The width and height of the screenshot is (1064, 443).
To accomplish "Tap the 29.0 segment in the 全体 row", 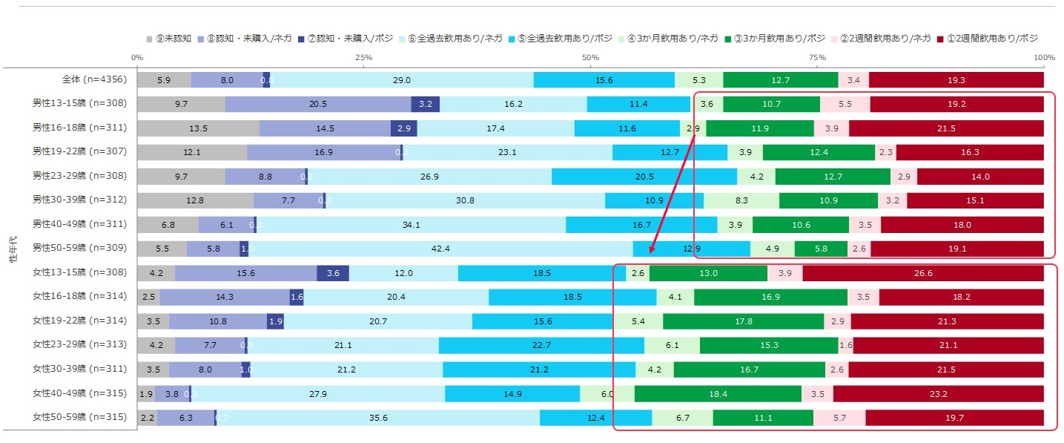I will [402, 80].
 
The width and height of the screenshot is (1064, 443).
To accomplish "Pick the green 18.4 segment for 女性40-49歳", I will [718, 393].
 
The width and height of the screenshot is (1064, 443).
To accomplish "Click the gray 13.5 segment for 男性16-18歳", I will [198, 128].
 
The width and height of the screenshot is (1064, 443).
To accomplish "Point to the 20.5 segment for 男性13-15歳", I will [318, 104].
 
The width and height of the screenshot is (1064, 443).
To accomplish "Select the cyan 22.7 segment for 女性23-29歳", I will [541, 345].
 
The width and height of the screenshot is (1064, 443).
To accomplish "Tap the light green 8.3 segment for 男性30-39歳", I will [741, 200].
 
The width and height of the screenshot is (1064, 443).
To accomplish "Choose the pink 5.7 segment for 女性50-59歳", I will [839, 418].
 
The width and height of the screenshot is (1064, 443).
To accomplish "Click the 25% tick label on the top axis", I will [363, 57].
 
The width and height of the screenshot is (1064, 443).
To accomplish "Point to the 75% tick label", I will [816, 57].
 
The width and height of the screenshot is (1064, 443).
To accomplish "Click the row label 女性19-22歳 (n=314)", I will [79, 321].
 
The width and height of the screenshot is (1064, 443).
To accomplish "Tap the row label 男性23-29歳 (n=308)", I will [79, 176].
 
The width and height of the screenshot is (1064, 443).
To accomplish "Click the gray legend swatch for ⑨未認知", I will [150, 38].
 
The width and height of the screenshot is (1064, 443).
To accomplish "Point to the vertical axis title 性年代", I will [13, 249].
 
